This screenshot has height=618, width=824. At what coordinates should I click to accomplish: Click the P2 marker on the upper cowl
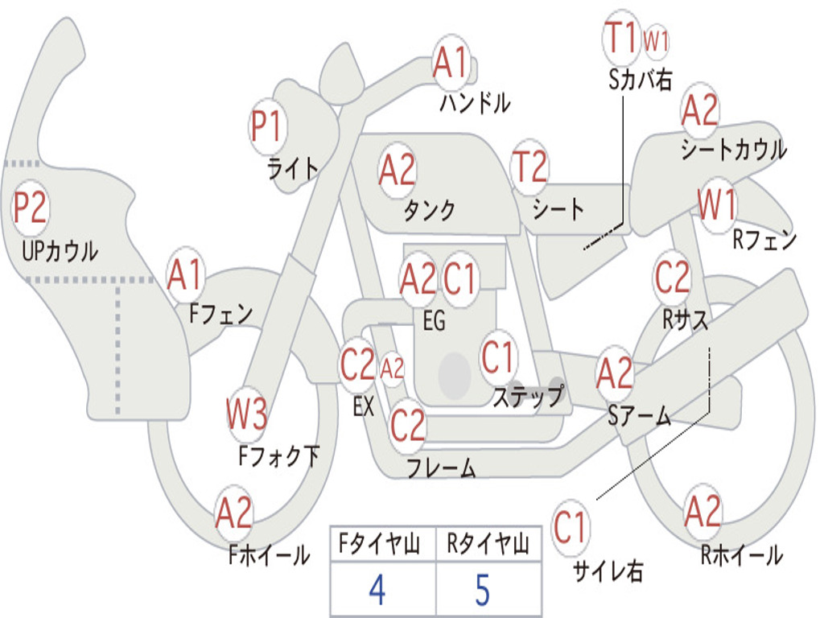(x=31, y=208)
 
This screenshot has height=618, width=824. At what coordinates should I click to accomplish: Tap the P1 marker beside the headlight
(x=268, y=127)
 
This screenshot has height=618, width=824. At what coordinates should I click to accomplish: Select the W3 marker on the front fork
(x=246, y=414)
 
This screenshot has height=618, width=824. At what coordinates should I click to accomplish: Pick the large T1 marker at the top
(x=622, y=37)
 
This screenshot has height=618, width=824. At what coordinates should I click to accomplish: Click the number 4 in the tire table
(x=378, y=590)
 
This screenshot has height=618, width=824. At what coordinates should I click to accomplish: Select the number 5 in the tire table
(x=483, y=590)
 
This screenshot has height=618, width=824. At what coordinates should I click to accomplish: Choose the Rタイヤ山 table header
(x=488, y=544)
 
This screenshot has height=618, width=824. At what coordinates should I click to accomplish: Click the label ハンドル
(x=475, y=102)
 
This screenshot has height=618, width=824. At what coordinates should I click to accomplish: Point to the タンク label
(x=430, y=210)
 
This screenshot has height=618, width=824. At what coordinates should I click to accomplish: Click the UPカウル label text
(x=60, y=251)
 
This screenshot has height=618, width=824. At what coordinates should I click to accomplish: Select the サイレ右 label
(x=608, y=571)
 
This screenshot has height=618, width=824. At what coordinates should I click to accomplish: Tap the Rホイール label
(x=742, y=555)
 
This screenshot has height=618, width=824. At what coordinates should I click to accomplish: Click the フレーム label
(x=442, y=467)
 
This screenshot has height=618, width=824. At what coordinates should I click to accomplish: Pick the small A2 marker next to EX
(x=392, y=369)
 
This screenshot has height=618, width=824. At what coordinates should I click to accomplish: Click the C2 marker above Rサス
(x=672, y=277)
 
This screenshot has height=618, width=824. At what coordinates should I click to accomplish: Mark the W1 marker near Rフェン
(x=717, y=205)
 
